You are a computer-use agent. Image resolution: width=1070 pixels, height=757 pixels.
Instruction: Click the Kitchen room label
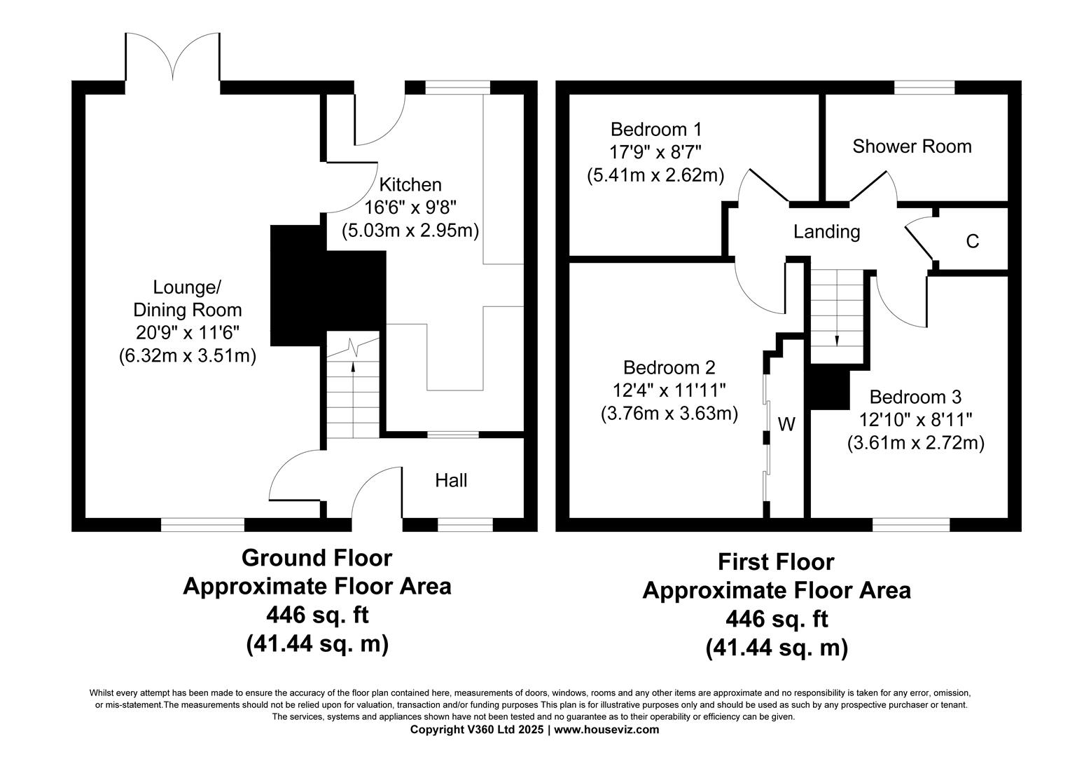(410, 184)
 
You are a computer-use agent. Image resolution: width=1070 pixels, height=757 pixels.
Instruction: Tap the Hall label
(451, 480)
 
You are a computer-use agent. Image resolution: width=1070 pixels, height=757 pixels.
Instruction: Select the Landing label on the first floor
(826, 231)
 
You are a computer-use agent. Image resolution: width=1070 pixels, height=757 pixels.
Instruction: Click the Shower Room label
(912, 146)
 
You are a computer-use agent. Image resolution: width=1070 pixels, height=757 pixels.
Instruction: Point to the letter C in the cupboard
(972, 241)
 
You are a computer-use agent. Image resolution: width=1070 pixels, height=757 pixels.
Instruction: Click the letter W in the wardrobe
(786, 424)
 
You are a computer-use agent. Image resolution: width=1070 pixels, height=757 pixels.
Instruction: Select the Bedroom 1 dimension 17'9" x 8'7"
(655, 152)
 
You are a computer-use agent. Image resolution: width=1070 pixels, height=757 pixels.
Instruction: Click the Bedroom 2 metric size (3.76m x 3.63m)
(669, 414)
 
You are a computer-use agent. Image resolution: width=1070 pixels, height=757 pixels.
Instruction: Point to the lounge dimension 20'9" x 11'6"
(188, 333)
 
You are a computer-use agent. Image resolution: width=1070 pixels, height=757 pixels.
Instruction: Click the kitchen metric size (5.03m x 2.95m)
(410, 230)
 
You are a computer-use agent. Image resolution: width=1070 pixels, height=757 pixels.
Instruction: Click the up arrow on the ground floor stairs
(353, 366)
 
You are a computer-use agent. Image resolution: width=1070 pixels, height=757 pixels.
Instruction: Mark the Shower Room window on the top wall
(924, 87)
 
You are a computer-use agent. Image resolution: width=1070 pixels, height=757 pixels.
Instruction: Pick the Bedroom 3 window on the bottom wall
(910, 524)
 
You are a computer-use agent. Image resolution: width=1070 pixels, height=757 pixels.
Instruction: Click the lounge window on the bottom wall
(202, 524)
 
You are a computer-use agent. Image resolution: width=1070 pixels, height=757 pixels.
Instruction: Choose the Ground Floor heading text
(317, 558)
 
